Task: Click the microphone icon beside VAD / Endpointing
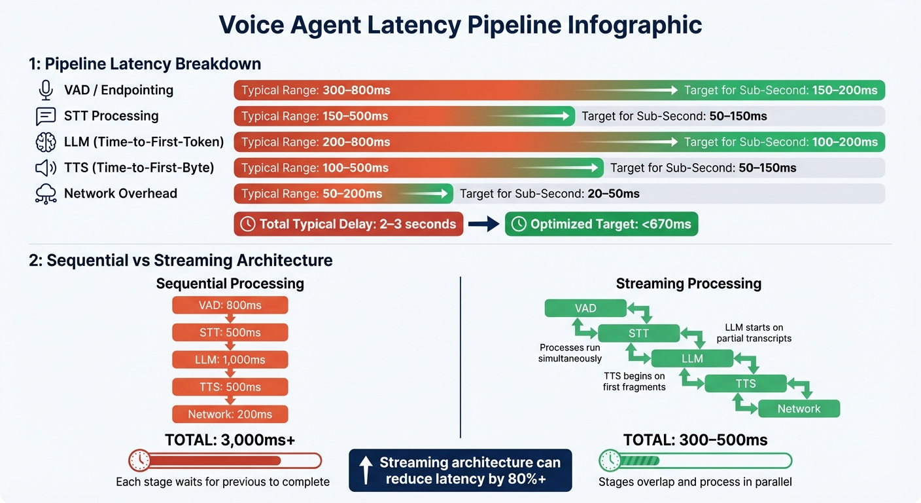(46, 90)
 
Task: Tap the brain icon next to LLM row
(46, 141)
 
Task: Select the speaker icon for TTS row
(46, 168)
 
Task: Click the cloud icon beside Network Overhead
(46, 194)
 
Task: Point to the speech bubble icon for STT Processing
(46, 116)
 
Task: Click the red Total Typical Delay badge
(349, 224)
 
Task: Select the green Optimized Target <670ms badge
(602, 224)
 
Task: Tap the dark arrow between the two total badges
(484, 224)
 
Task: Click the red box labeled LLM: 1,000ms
(230, 360)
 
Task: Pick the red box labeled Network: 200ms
(230, 414)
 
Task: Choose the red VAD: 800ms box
(230, 305)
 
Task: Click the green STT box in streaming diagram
(638, 333)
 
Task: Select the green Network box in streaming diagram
(799, 409)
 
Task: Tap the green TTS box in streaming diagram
(746, 384)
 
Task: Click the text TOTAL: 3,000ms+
(230, 440)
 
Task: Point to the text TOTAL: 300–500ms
(695, 440)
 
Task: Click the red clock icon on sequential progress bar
(140, 460)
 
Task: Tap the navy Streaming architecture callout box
(461, 470)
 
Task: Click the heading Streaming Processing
(689, 284)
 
